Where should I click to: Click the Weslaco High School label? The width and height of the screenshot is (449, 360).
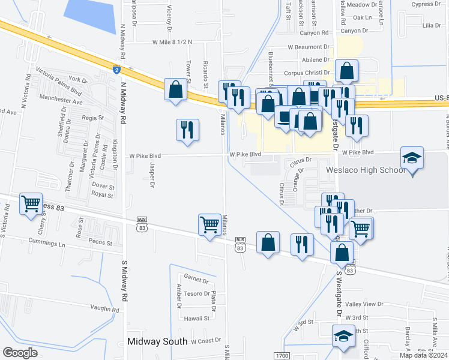tap(366, 170)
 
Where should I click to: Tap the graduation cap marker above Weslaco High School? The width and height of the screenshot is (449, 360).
tap(412, 158)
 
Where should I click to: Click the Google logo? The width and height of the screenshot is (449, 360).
tap(20, 353)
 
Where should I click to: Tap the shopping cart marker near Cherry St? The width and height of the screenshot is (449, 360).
tap(31, 203)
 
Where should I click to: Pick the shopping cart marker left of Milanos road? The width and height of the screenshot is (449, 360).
tap(209, 225)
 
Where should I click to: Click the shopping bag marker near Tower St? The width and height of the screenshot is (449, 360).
tap(175, 90)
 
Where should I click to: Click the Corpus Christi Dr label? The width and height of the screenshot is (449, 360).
tap(306, 73)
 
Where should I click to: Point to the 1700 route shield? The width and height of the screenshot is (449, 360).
tap(281, 356)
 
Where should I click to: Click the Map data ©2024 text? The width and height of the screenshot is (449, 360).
tap(422, 355)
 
